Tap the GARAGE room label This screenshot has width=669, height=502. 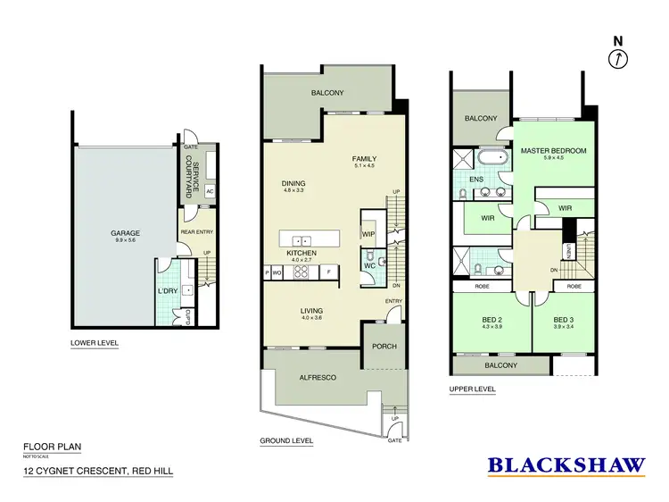126,233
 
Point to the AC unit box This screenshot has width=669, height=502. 210,191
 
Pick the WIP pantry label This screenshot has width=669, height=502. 368,234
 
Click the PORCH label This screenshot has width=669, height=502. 384,347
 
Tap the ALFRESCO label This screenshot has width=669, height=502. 317,378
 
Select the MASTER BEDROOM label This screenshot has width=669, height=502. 553,151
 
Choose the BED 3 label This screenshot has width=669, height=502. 563,320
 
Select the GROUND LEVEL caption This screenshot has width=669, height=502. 285,441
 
